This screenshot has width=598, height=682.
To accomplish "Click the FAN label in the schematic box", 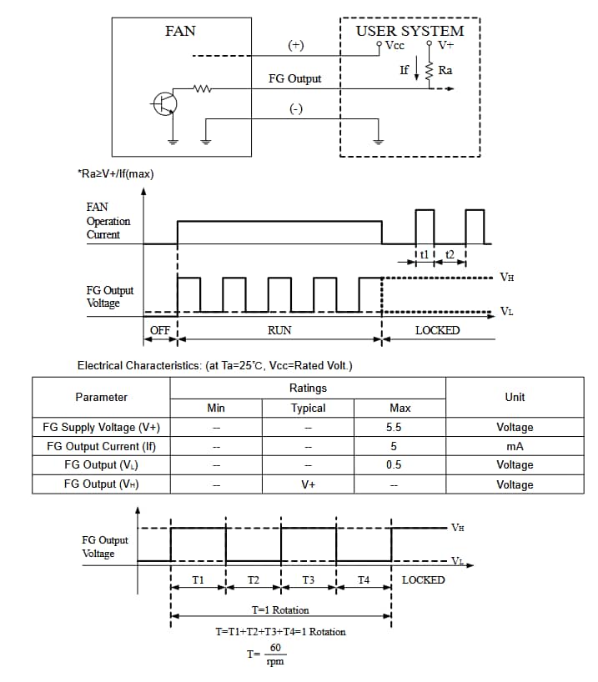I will coord(180,31).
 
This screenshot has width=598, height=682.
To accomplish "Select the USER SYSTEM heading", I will coord(410,31).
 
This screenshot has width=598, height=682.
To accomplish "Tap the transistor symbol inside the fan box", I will coord(164,103).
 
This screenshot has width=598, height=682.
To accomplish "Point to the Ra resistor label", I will coord(445,70).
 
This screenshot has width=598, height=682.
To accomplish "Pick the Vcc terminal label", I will coord(394,46).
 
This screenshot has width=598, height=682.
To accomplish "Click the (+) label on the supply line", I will coord(295,46).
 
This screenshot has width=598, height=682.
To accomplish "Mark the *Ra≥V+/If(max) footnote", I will coord(115,174).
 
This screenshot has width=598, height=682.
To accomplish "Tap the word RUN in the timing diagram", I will coord(279,330).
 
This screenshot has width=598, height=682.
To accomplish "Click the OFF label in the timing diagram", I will coord(159,330).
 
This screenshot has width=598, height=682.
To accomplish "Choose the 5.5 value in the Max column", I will coord(394,427).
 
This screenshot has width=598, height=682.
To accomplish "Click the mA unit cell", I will coord(515,446).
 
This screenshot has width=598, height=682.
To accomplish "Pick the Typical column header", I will coord(308,408).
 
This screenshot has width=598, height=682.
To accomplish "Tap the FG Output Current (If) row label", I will coord(101,446).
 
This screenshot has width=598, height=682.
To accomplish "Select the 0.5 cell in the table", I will coord(394,464).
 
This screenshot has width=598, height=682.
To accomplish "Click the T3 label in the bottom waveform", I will coord(308,579).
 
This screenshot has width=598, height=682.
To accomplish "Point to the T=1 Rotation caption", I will coord(280,610).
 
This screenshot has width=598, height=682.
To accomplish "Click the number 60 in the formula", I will coord(275,648).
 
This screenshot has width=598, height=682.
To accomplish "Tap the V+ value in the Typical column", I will coord(308,484).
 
